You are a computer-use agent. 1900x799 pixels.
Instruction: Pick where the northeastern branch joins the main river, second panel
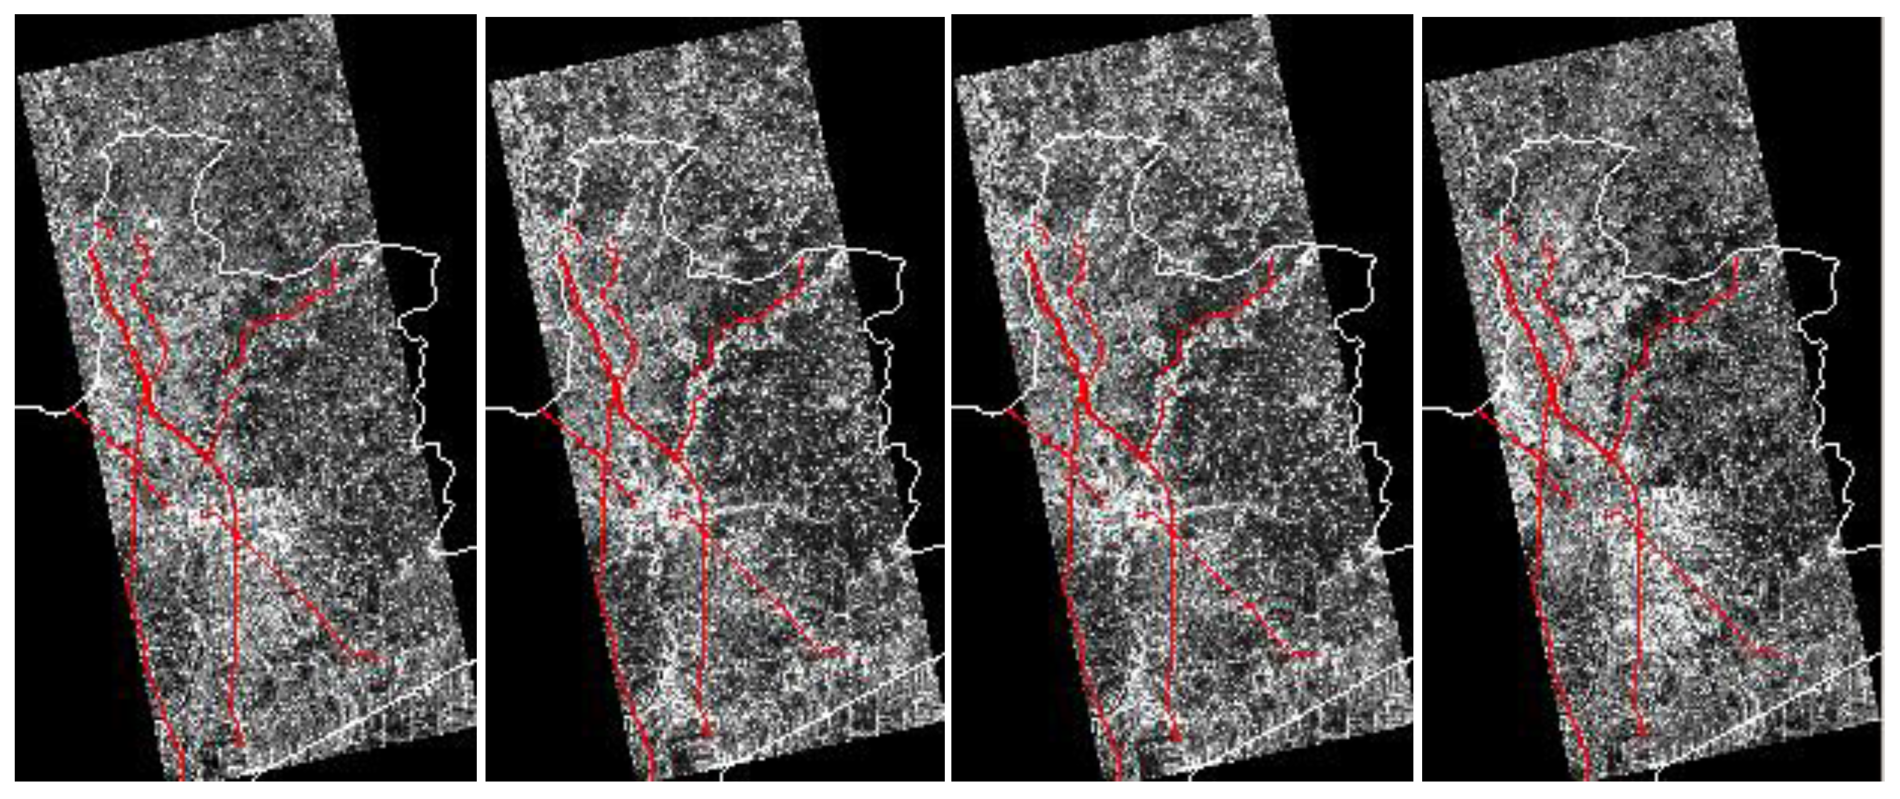point(676,458)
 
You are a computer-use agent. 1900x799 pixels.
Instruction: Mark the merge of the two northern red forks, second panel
point(617,383)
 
